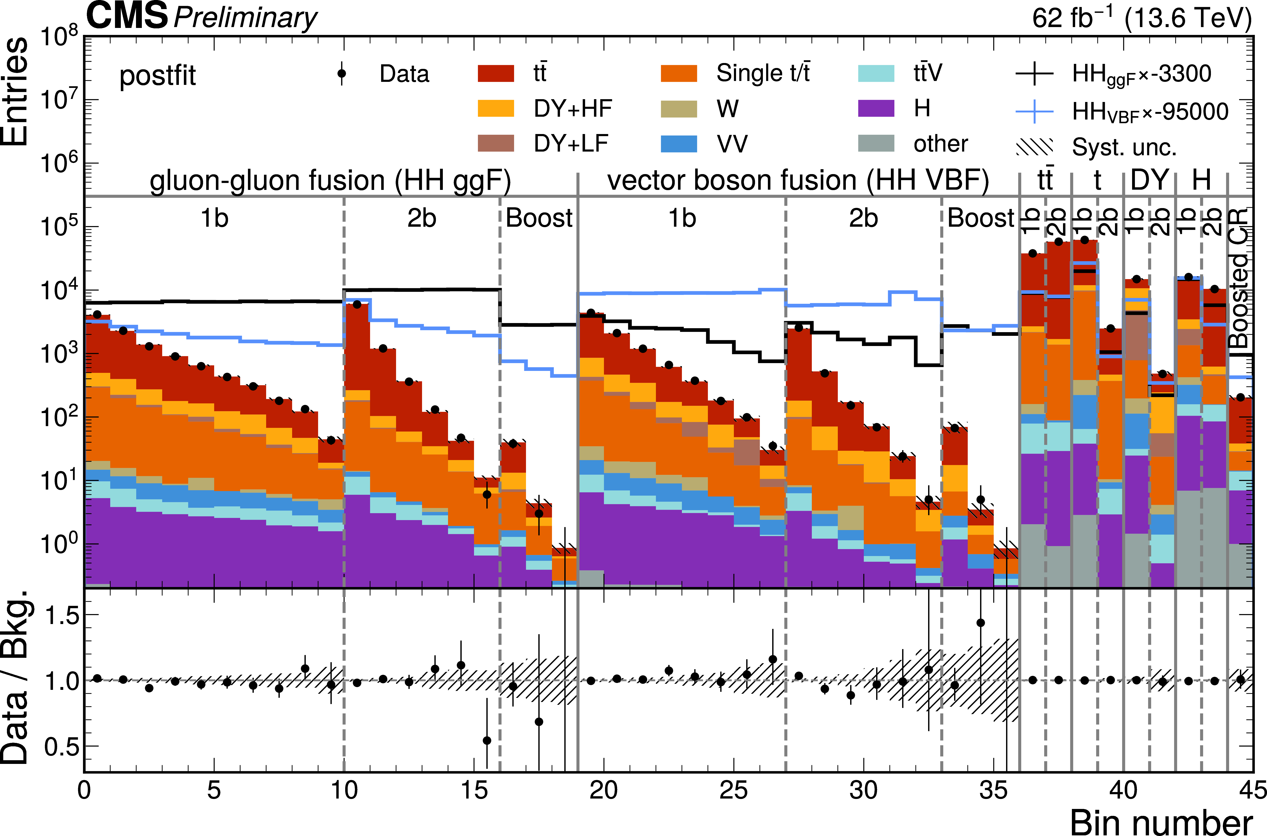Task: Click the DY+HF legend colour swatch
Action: tap(496, 108)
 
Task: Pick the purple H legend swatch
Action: tap(876, 108)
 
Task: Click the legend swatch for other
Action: tap(876, 143)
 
